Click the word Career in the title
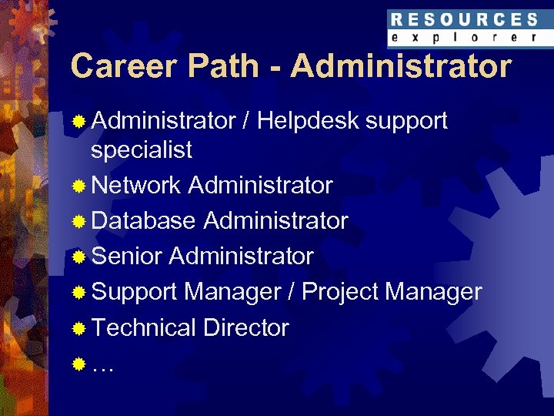coord(119,66)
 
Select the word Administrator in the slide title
coord(401,66)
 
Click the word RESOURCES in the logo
coord(463,20)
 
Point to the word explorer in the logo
coord(463,37)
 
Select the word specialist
coord(142,149)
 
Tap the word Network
coord(135,186)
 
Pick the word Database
coord(143,221)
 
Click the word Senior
coord(126,257)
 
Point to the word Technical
coord(143,327)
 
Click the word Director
coord(246,327)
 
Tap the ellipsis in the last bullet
coord(102,365)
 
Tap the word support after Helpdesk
coord(407,122)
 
